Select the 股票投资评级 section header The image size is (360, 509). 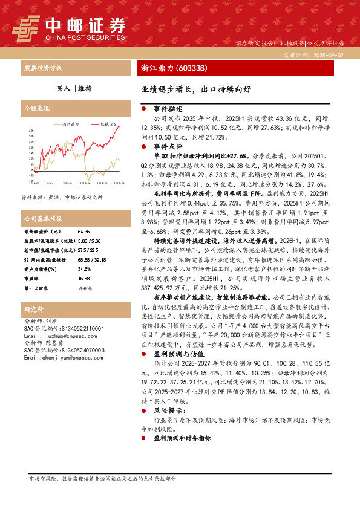(42, 68)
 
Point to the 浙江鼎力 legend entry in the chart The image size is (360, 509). (71, 123)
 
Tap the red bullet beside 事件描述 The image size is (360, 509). (142, 109)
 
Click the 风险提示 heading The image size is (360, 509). (168, 410)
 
